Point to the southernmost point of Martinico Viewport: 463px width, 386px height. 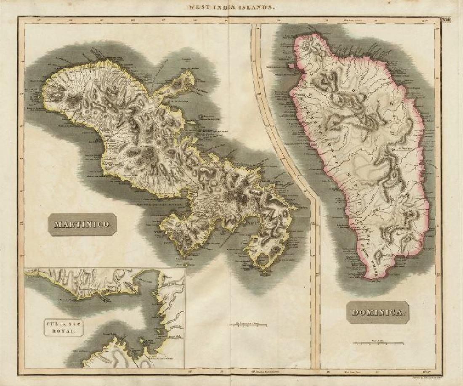265,274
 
